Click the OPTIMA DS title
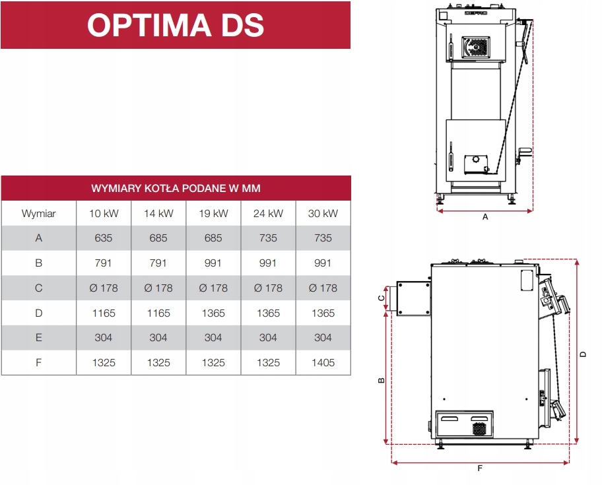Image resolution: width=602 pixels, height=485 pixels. [175, 25]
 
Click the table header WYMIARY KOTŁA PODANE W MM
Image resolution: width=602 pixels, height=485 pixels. [176, 188]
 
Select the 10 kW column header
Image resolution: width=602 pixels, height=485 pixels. [104, 213]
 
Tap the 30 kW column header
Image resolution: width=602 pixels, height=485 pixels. [323, 213]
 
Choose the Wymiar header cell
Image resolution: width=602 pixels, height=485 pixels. [38, 213]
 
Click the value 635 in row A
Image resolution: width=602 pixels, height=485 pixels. [104, 238]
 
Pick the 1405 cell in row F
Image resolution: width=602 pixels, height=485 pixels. [323, 362]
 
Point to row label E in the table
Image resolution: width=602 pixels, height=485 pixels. [38, 337]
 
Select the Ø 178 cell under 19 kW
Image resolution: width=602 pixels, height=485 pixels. [213, 288]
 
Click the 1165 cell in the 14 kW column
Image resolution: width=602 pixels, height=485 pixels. [158, 313]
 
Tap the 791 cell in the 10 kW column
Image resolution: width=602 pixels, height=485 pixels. [104, 263]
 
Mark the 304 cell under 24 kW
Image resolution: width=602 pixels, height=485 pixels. [268, 337]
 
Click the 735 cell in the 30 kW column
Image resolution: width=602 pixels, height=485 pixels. [323, 238]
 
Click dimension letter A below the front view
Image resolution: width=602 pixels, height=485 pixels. [485, 217]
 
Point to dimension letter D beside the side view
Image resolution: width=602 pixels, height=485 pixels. [583, 354]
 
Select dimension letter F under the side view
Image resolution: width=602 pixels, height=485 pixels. [480, 469]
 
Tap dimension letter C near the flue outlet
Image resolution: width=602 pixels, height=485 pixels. [382, 298]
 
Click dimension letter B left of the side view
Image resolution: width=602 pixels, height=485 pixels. [382, 381]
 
